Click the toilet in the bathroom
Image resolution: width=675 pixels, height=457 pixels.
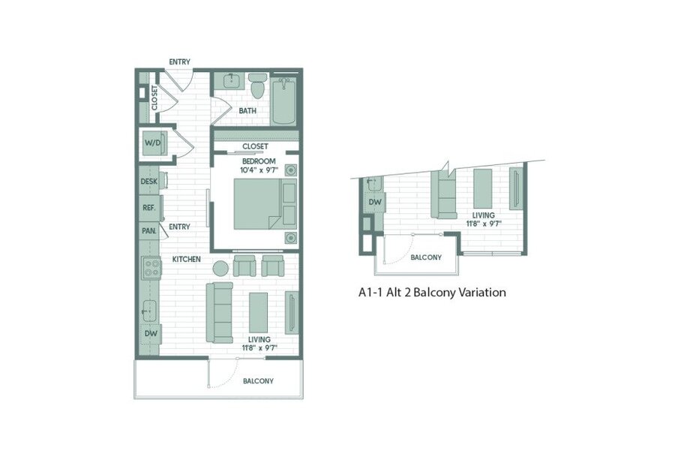pyautogui.click(x=258, y=86)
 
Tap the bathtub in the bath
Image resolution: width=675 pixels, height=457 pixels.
pyautogui.click(x=283, y=101)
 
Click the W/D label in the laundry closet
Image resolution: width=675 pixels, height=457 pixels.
pyautogui.click(x=152, y=143)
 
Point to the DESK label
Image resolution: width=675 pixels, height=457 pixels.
pyautogui.click(x=149, y=182)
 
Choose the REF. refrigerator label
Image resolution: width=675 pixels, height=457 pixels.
pyautogui.click(x=149, y=208)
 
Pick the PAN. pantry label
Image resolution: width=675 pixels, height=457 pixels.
pyautogui.click(x=149, y=231)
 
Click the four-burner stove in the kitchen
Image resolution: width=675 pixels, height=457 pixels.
pyautogui.click(x=151, y=267)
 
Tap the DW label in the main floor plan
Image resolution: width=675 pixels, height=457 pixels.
pyautogui.click(x=151, y=333)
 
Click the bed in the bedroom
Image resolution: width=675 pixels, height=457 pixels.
pyautogui.click(x=265, y=203)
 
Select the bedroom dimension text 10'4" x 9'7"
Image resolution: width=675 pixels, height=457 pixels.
pyautogui.click(x=259, y=170)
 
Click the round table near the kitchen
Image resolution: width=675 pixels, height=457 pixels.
pyautogui.click(x=220, y=269)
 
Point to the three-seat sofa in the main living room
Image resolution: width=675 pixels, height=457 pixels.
pyautogui.click(x=219, y=313)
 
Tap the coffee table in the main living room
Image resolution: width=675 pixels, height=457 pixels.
pyautogui.click(x=258, y=312)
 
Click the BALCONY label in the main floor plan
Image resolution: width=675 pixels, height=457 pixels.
pyautogui.click(x=258, y=381)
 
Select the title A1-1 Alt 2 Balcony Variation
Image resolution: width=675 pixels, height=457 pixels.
pyautogui.click(x=432, y=293)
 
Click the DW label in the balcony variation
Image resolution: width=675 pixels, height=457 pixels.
pyautogui.click(x=375, y=202)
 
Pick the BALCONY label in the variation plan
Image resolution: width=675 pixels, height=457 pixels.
pyautogui.click(x=426, y=257)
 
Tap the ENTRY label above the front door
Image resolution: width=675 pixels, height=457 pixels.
pyautogui.click(x=179, y=62)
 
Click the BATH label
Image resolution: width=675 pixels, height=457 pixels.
pyautogui.click(x=247, y=111)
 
